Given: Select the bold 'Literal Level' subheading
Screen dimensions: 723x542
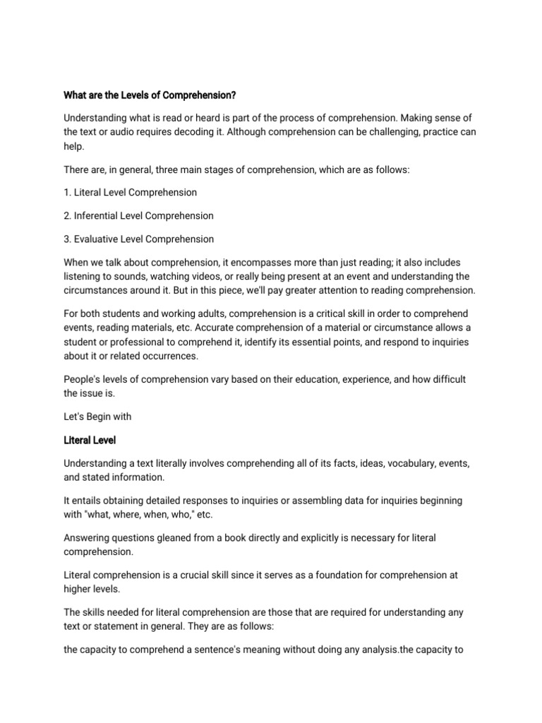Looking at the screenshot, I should click(90, 440).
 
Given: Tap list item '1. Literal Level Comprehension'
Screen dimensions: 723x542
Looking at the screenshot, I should click(131, 192).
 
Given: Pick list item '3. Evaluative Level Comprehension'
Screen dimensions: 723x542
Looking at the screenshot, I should click(138, 239).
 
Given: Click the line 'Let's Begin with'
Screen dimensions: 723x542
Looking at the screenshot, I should click(97, 417).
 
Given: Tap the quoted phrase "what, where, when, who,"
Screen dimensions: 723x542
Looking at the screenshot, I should click(139, 514).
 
